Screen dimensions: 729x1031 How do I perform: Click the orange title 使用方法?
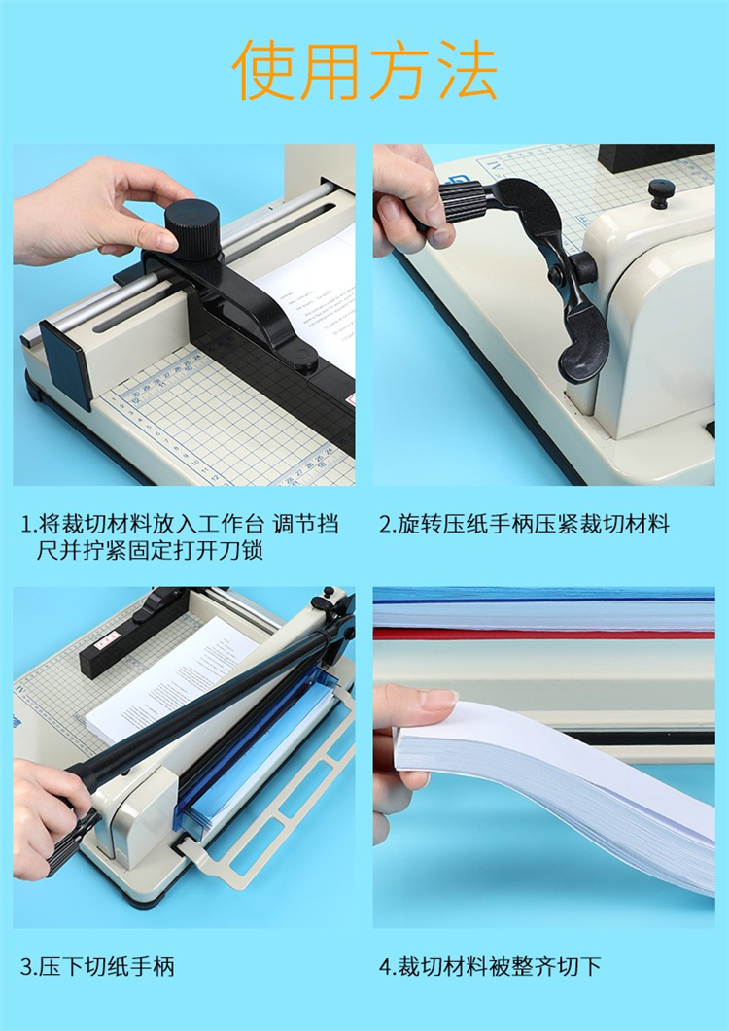[x=364, y=70]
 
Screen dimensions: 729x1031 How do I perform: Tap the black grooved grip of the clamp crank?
[x=462, y=206]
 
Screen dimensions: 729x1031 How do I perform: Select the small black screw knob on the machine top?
[x=661, y=193]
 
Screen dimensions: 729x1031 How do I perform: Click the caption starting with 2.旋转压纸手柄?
[x=524, y=525]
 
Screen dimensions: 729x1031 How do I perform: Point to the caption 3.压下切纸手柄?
[x=97, y=967]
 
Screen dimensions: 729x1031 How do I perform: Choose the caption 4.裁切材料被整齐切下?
[x=490, y=967]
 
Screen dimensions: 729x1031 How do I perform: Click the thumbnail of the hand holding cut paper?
[x=543, y=757]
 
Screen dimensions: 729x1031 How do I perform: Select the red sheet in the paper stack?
[x=543, y=634]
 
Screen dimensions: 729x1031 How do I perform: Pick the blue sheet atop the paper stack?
[x=543, y=594]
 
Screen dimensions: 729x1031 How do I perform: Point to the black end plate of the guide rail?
[x=66, y=363]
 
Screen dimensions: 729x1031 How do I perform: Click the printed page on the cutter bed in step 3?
[x=172, y=684]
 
